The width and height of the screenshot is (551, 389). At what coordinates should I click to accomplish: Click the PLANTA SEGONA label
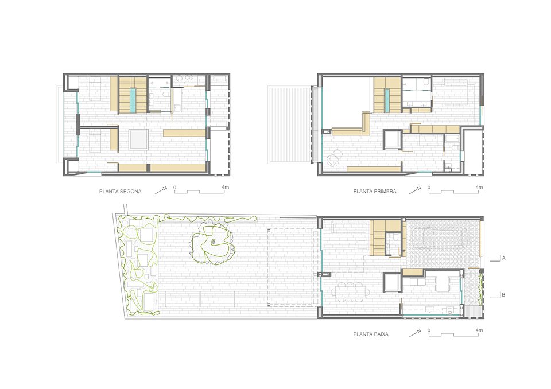(120, 192)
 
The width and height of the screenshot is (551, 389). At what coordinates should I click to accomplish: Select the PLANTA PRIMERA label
(375, 192)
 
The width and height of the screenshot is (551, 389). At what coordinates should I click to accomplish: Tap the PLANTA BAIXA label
(371, 334)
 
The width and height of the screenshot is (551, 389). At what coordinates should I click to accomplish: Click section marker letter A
(503, 258)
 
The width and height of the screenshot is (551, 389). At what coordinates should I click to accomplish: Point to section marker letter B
(503, 295)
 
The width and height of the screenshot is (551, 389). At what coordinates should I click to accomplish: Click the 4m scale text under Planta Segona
(225, 187)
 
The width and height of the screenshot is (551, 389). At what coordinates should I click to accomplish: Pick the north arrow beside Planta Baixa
(414, 332)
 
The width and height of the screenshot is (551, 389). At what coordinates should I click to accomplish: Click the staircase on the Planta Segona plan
(133, 95)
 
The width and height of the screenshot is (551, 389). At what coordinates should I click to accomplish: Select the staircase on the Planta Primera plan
(387, 95)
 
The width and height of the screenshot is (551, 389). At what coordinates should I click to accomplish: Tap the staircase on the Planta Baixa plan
(378, 238)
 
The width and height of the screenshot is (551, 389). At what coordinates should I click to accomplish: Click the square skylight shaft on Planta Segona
(138, 139)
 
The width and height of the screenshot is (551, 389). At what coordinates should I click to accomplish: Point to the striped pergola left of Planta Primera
(289, 125)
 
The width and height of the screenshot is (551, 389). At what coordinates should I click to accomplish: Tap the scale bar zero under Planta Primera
(429, 188)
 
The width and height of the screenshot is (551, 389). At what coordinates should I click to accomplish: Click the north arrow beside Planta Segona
(161, 190)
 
